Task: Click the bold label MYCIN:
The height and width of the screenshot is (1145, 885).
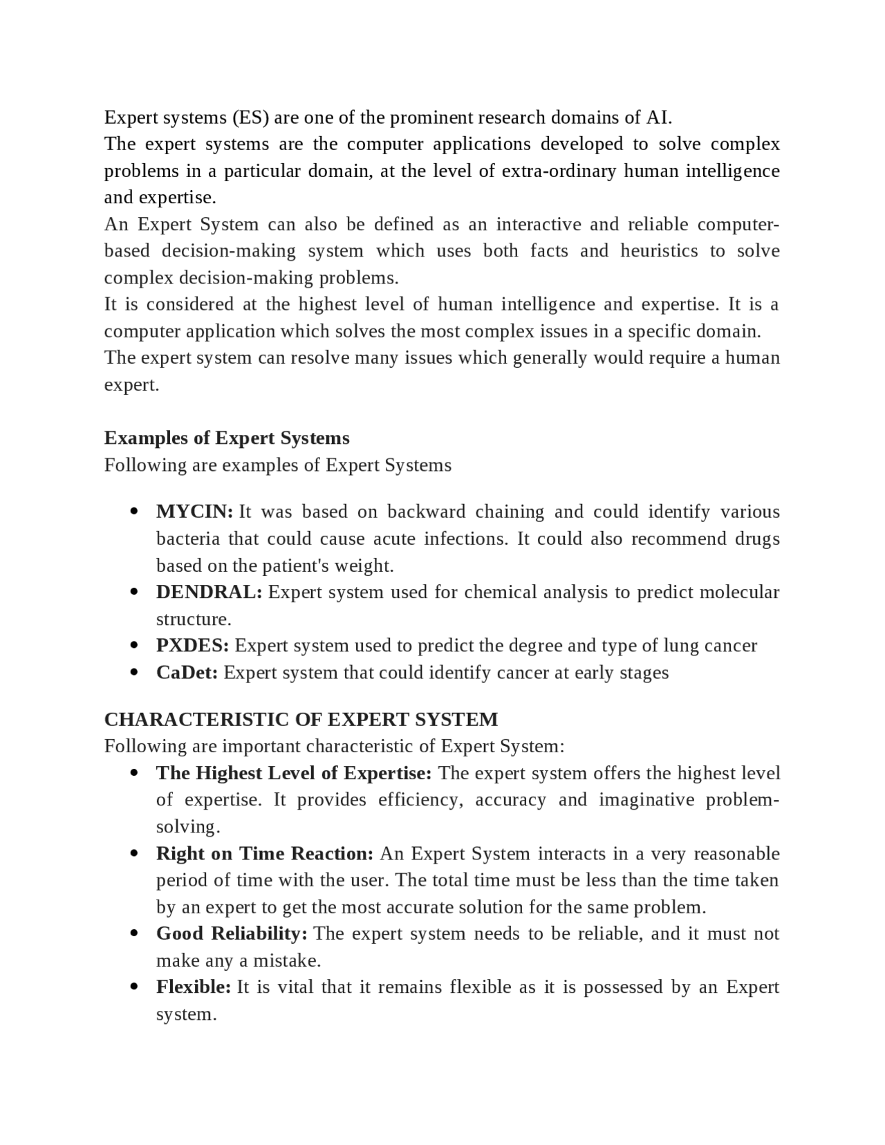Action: click(194, 512)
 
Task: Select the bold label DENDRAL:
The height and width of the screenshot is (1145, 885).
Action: click(209, 593)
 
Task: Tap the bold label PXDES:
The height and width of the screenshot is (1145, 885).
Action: click(192, 646)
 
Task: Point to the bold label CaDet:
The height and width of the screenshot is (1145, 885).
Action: click(187, 673)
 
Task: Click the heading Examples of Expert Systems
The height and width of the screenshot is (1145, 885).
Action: click(227, 438)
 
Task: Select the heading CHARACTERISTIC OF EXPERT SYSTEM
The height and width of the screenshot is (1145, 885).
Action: click(301, 720)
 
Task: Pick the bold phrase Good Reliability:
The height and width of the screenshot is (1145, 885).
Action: click(232, 934)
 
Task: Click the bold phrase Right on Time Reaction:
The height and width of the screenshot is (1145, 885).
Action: click(265, 854)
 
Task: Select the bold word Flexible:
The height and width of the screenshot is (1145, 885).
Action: click(194, 987)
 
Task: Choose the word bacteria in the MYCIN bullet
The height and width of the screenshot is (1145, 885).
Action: click(188, 539)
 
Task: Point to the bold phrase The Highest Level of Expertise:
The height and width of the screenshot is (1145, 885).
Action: click(294, 773)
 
